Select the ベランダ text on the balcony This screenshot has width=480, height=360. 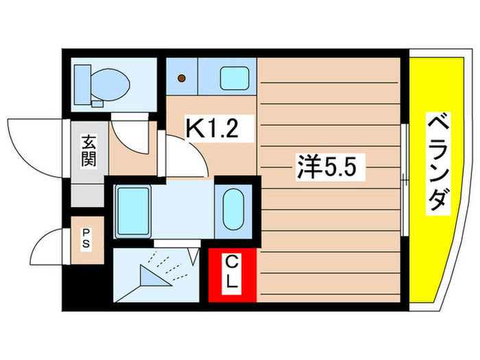click(440, 164)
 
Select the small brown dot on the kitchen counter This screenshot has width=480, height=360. click(182, 77)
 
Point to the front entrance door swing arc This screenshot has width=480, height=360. click(27, 141)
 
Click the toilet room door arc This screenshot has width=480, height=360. click(130, 134)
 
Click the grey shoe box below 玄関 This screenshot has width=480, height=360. click(88, 193)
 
